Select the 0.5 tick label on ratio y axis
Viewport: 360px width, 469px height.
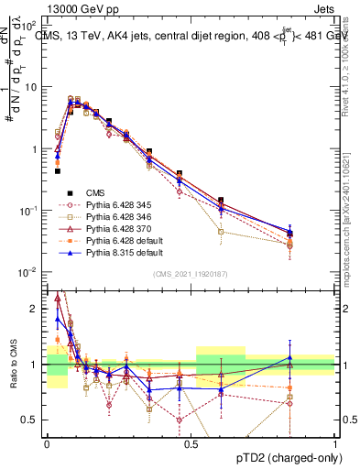(x=33, y=420)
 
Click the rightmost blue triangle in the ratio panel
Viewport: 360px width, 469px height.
(x=289, y=358)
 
